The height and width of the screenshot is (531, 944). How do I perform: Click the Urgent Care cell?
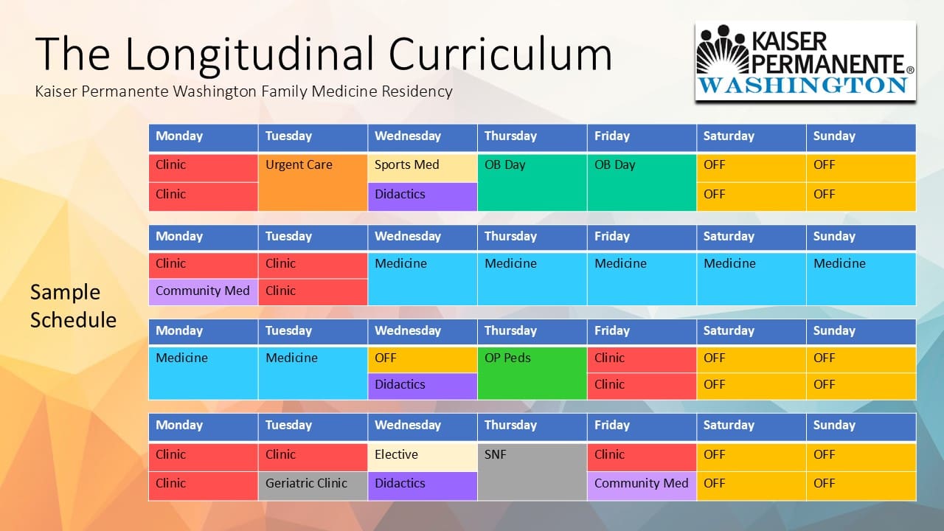pyautogui.click(x=313, y=182)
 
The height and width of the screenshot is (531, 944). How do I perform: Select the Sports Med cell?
pyautogui.click(x=423, y=168)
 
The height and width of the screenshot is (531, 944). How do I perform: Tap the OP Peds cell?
pyautogui.click(x=532, y=373)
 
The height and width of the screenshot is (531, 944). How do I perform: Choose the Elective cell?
pyautogui.click(x=423, y=457)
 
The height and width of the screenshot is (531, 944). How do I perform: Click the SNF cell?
pyautogui.click(x=532, y=472)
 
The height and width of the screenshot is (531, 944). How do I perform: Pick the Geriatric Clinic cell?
pyautogui.click(x=313, y=486)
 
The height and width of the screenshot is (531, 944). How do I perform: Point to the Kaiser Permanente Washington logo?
pyautogui.click(x=805, y=60)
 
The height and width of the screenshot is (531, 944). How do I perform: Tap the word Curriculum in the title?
pyautogui.click(x=500, y=54)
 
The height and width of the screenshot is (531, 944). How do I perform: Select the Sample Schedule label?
pyautogui.click(x=73, y=306)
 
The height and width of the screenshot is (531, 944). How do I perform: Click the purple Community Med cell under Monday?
pyautogui.click(x=203, y=291)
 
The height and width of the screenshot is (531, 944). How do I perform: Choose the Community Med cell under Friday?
pyautogui.click(x=642, y=486)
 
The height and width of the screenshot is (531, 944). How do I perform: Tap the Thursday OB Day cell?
pyautogui.click(x=532, y=182)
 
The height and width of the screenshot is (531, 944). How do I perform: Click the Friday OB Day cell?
pyautogui.click(x=642, y=182)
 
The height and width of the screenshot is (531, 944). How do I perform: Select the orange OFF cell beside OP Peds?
pyautogui.click(x=423, y=359)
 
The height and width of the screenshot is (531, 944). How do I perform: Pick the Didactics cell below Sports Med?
pyautogui.click(x=423, y=197)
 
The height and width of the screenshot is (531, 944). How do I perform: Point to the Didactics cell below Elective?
pyautogui.click(x=423, y=486)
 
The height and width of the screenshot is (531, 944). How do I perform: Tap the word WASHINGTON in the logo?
pyautogui.click(x=803, y=86)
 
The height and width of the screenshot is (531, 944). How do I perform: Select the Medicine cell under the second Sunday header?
pyautogui.click(x=861, y=279)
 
